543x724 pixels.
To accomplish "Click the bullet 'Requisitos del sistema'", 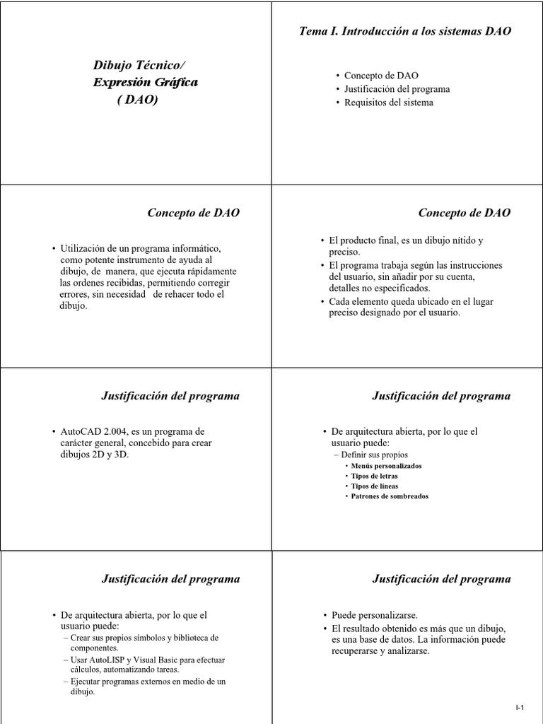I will (x=389, y=103).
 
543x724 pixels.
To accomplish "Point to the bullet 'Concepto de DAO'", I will (x=381, y=75).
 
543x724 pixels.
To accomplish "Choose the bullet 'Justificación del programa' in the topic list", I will (x=397, y=89).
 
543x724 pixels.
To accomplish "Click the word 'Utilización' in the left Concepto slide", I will (x=83, y=248).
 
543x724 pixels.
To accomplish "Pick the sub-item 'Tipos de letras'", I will (x=375, y=477).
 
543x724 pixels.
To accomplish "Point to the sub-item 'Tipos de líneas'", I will (x=375, y=486).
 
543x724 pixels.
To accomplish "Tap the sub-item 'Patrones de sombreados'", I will (x=390, y=496).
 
